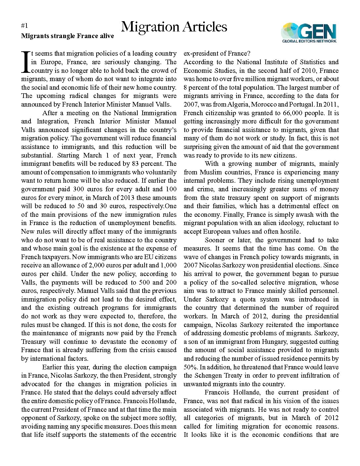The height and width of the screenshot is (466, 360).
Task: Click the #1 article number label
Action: pyautogui.click(x=24, y=26)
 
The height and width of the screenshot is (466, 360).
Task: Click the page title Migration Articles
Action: pyautogui.click(x=174, y=27)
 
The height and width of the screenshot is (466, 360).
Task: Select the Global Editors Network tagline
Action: pyautogui.click(x=309, y=41)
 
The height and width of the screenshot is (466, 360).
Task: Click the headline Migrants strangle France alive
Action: pyautogui.click(x=67, y=36)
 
